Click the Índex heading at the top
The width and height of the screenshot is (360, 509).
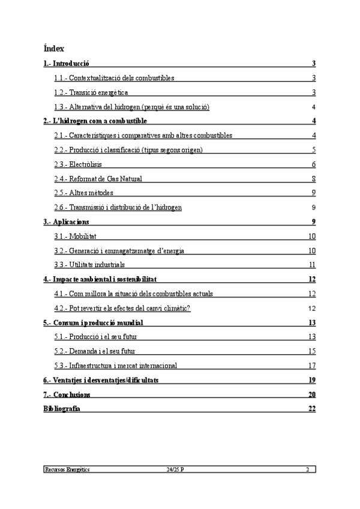(54, 48)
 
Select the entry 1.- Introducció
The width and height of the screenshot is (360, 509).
(67, 63)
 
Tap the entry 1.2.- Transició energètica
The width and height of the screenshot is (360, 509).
(91, 92)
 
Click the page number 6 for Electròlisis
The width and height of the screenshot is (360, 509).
(314, 164)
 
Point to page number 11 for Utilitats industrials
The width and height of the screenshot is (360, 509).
(312, 265)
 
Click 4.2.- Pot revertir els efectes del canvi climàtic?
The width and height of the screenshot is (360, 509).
(122, 309)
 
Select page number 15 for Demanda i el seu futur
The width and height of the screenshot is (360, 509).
(312, 351)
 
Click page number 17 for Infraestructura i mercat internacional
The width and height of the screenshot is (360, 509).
(312, 366)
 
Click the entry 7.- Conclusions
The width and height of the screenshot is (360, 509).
(67, 394)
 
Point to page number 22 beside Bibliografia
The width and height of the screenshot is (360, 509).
(312, 409)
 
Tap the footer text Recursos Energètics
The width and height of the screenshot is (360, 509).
(67, 469)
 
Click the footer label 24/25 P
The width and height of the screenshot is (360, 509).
(175, 469)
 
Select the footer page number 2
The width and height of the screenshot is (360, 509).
(307, 469)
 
